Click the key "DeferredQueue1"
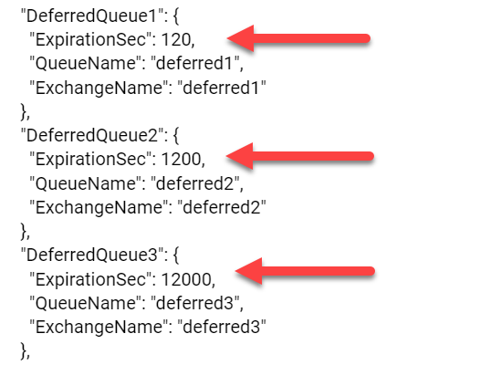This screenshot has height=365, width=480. (x=91, y=16)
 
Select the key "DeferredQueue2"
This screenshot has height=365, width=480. (x=91, y=135)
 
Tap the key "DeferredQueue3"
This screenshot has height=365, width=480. (x=91, y=255)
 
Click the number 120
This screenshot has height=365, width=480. (x=176, y=40)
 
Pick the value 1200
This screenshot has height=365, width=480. (x=181, y=159)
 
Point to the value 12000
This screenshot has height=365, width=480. (x=186, y=279)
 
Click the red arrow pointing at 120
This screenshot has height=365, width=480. (x=298, y=38)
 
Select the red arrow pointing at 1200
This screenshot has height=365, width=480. (x=299, y=156)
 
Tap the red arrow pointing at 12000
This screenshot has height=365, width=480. (x=305, y=271)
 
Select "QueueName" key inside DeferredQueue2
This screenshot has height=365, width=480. (x=87, y=183)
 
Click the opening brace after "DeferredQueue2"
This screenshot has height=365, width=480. (x=176, y=136)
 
